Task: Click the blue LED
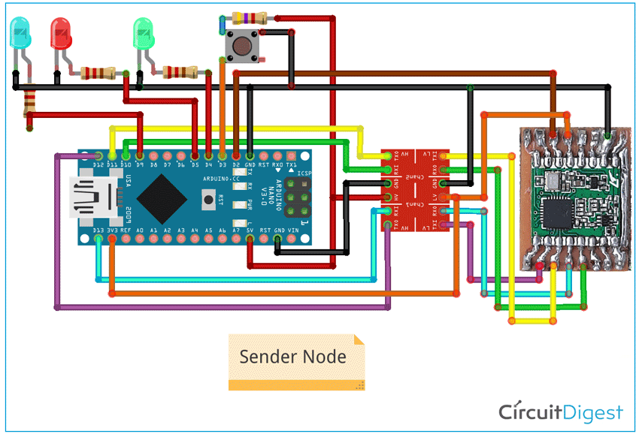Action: pyautogui.click(x=18, y=34)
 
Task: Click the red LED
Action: pyautogui.click(x=60, y=34)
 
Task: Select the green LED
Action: pyautogui.click(x=143, y=34)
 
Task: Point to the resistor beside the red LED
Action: pyautogui.click(x=98, y=73)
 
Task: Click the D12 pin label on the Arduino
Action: pyautogui.click(x=98, y=164)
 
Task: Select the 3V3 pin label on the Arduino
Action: pyautogui.click(x=112, y=231)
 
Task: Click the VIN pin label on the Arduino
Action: pyautogui.click(x=292, y=231)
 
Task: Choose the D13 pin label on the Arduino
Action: pyautogui.click(x=98, y=231)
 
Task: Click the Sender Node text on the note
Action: pyautogui.click(x=292, y=356)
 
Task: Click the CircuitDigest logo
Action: pyautogui.click(x=561, y=412)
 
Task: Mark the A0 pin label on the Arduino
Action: pyautogui.click(x=140, y=231)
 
